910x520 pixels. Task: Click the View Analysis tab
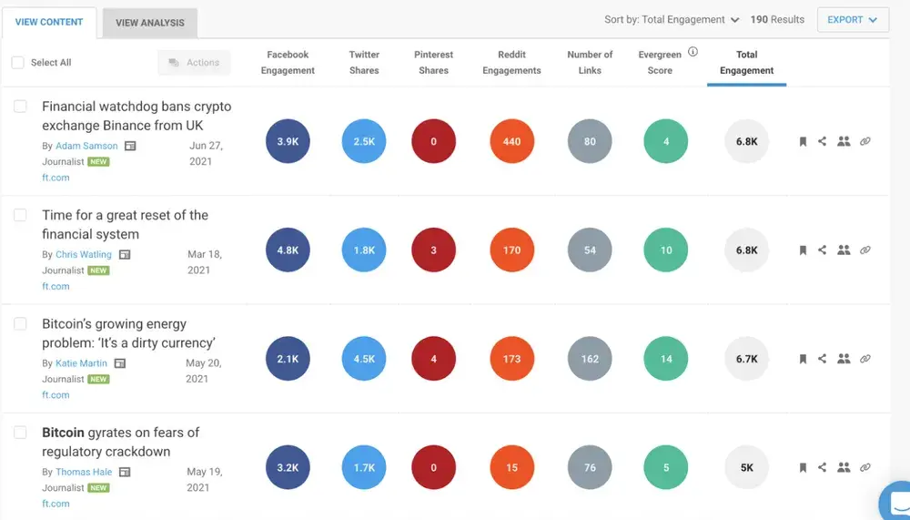[x=149, y=23]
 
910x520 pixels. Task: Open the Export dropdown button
[x=852, y=20]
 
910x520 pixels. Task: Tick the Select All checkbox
[x=18, y=63]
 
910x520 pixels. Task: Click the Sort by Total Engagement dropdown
[x=672, y=20]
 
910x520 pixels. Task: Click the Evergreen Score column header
[x=660, y=62]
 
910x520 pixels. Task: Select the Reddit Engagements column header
[x=511, y=62]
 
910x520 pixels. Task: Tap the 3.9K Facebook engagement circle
[x=288, y=141]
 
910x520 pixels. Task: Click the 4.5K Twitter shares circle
[x=364, y=359]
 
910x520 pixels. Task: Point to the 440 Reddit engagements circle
[x=511, y=141]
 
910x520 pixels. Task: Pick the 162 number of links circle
[x=590, y=359]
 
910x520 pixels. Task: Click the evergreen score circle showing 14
[x=666, y=359]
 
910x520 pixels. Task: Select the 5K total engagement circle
[x=746, y=467]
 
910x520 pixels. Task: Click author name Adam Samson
[x=86, y=146]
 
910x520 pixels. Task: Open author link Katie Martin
[x=81, y=363]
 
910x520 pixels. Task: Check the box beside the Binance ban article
[x=20, y=107]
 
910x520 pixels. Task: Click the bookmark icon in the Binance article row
[x=803, y=141]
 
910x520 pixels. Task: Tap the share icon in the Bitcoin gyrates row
[x=822, y=467]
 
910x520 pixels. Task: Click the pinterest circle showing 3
[x=433, y=250]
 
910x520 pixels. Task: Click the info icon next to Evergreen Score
[x=693, y=53]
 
